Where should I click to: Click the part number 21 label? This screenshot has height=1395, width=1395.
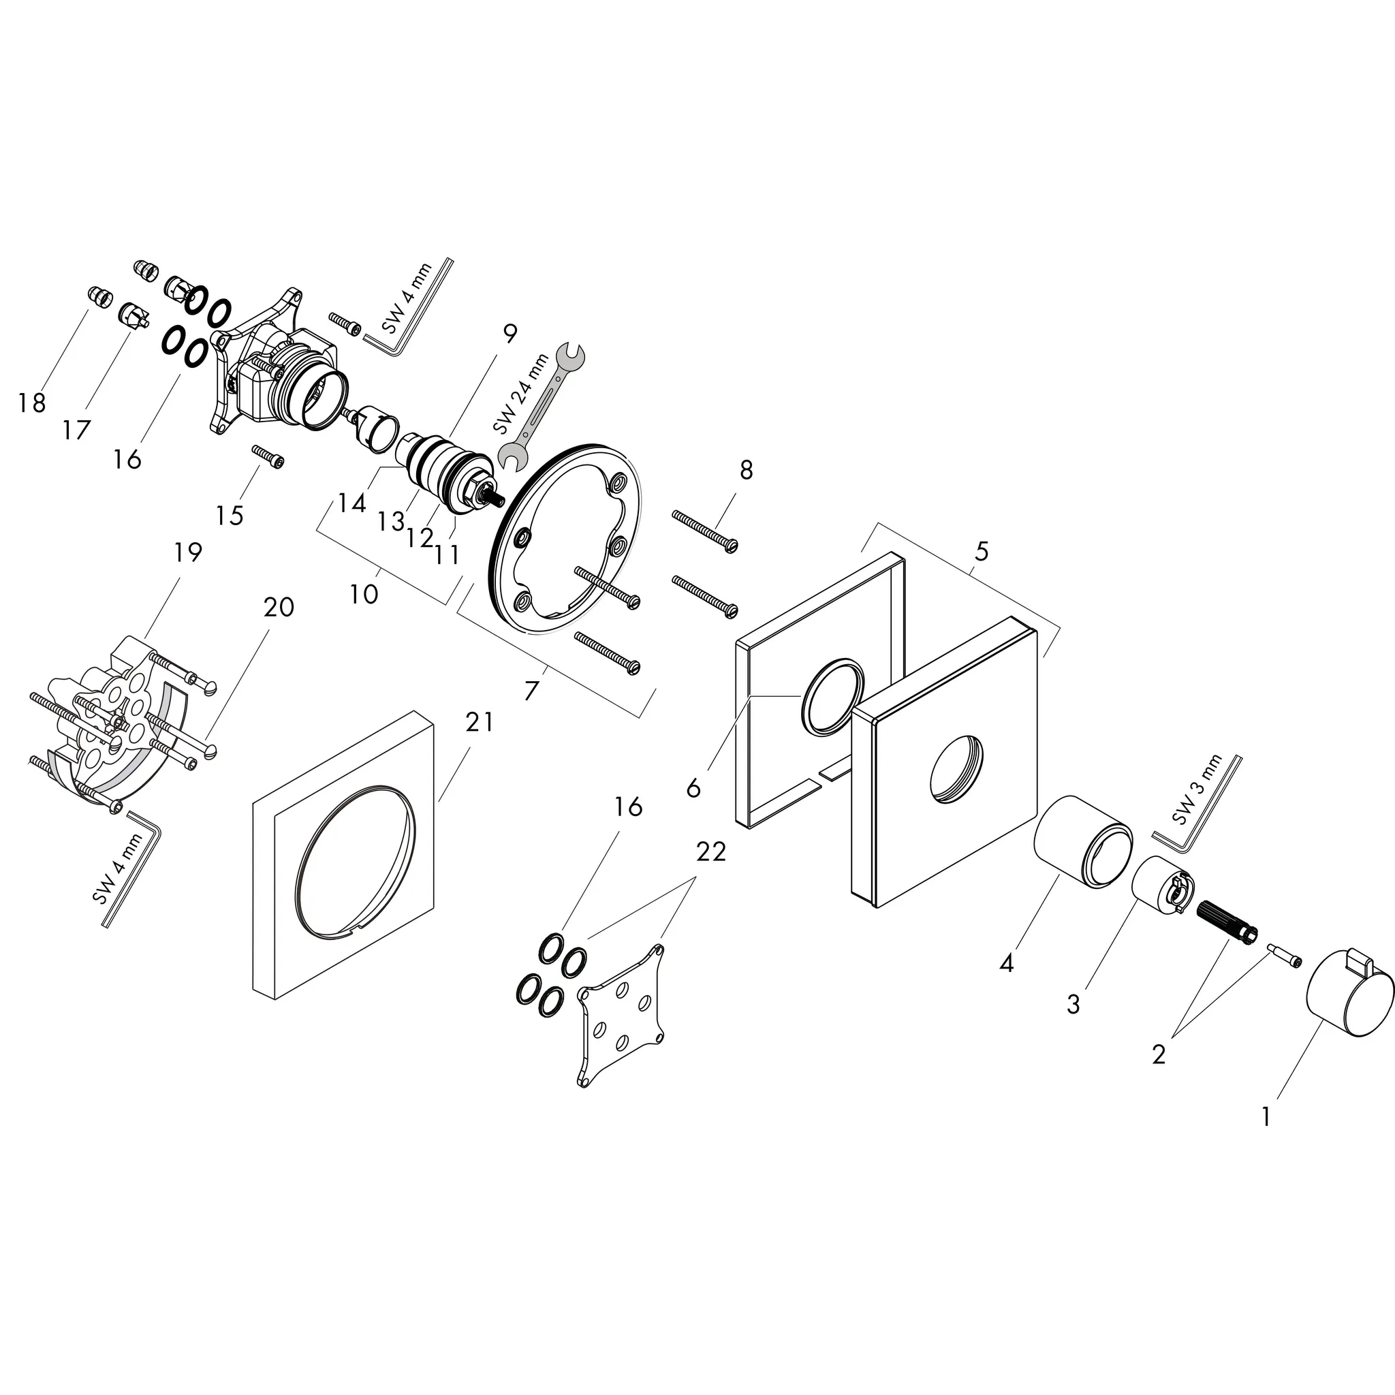(479, 721)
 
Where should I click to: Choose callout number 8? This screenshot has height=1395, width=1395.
(746, 470)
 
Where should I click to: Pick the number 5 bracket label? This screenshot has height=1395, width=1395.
(982, 552)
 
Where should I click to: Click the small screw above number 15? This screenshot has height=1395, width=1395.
(268, 457)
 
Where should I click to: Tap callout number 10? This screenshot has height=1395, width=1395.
(364, 594)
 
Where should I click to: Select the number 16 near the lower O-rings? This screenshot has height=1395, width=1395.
(628, 806)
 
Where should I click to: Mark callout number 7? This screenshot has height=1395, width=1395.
(531, 691)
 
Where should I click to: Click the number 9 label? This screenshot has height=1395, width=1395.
(510, 334)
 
